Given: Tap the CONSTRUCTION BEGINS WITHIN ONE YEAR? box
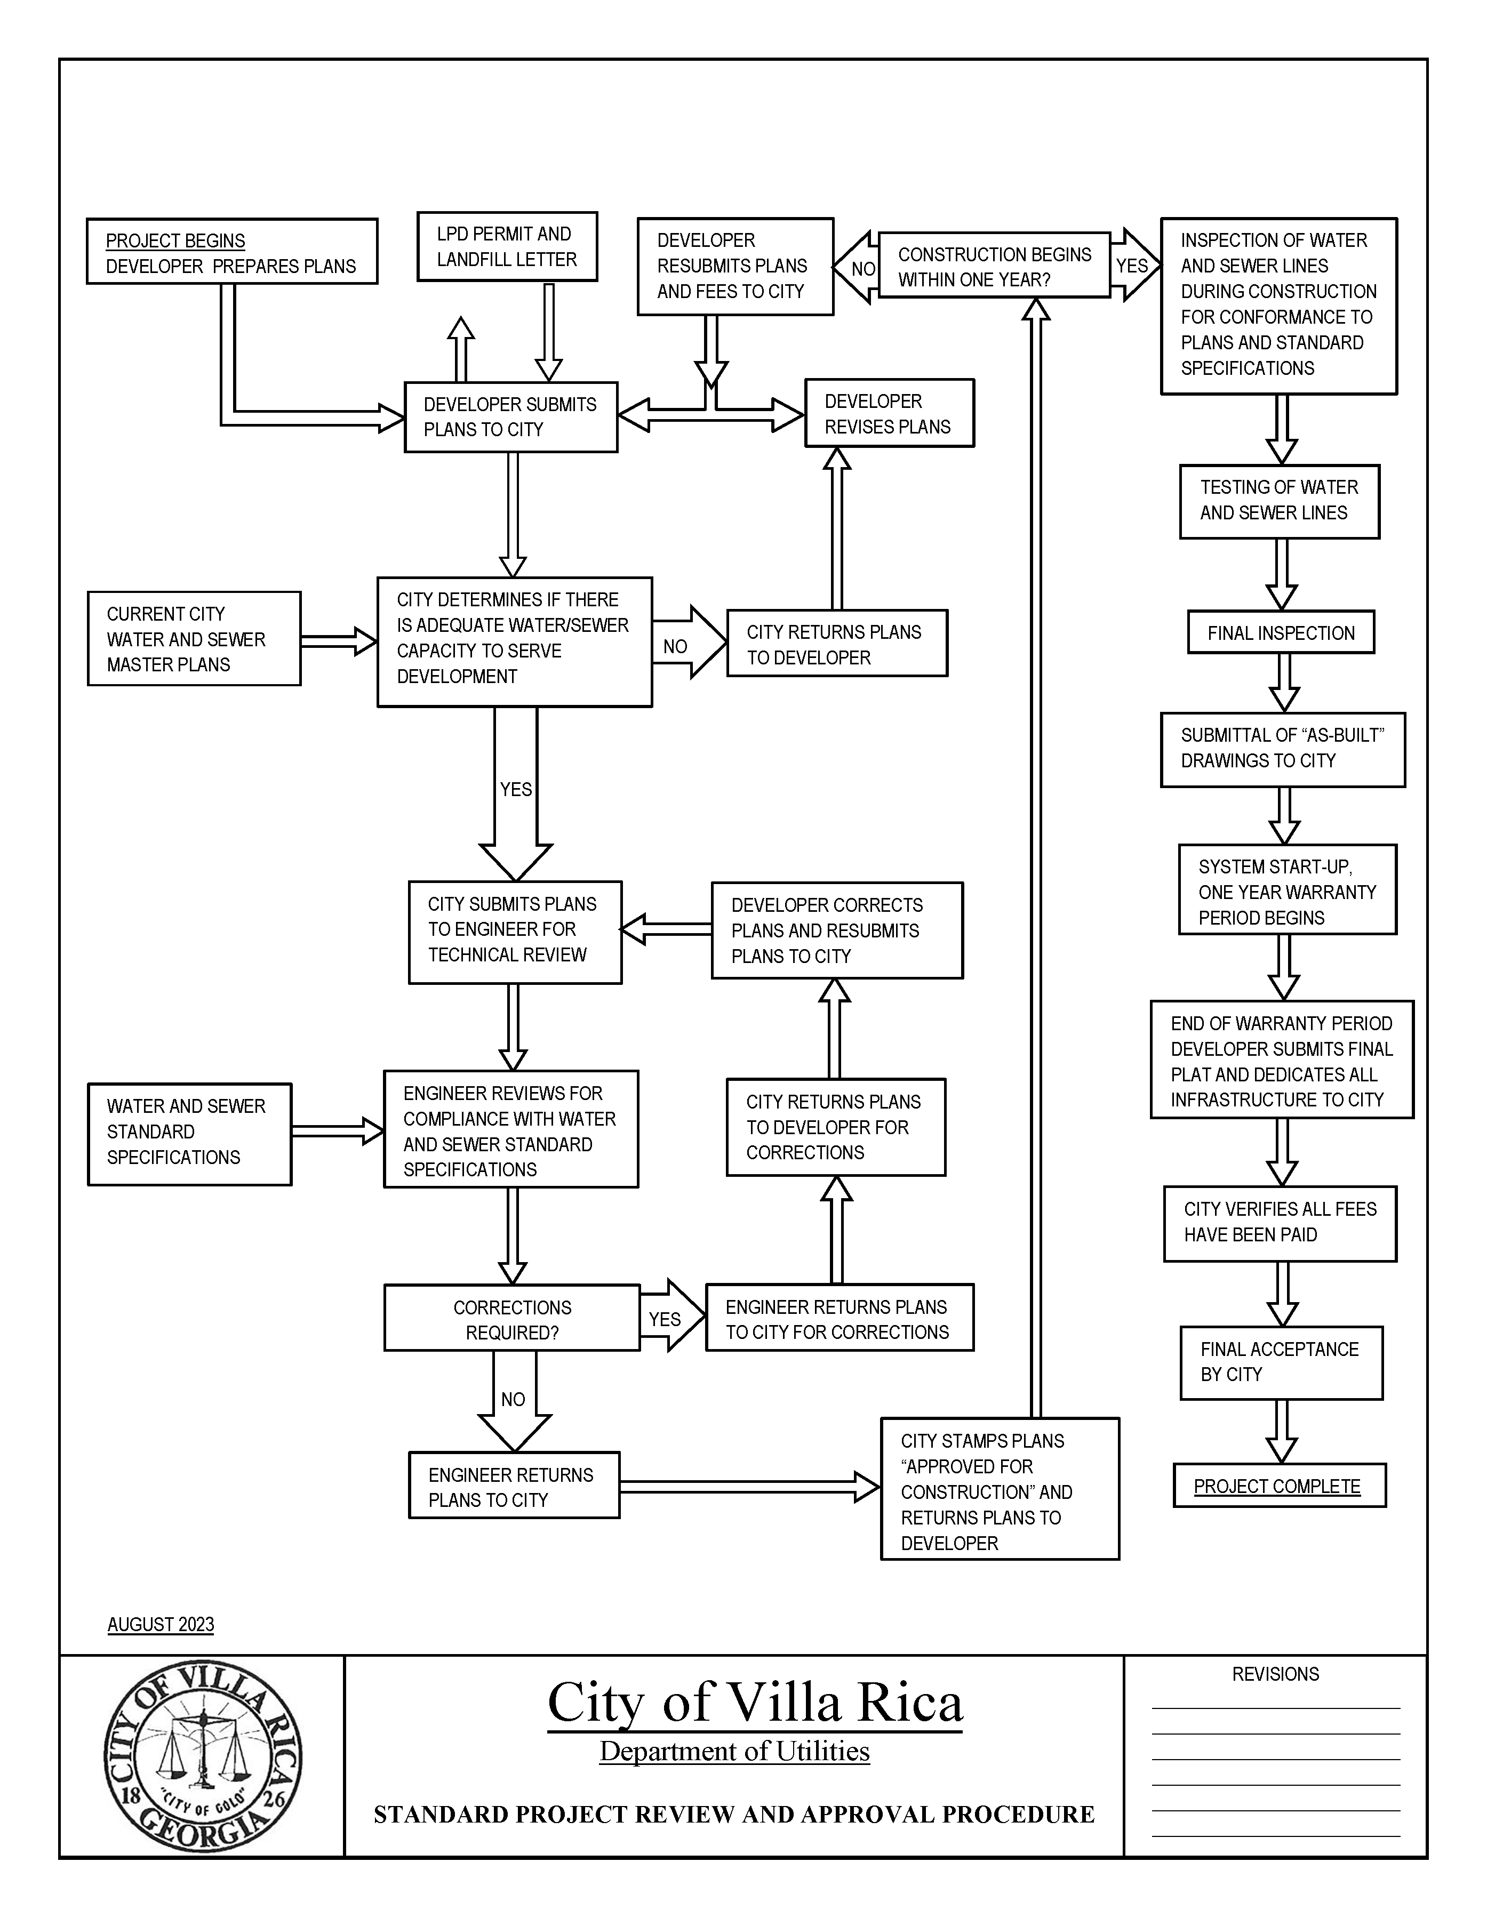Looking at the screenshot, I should point(994,266).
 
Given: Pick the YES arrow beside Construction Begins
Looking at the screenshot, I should point(1134,265).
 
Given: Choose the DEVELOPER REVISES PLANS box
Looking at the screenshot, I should point(889,414).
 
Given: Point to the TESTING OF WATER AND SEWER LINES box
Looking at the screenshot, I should point(1279,501).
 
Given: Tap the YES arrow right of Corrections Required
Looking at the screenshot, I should point(670,1315).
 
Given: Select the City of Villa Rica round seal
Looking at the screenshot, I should point(203,1756).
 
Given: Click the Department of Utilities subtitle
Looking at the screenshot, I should point(734,1751).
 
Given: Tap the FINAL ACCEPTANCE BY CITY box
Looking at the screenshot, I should point(1281,1362).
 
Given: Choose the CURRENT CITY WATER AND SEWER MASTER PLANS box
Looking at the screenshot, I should point(194,638).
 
